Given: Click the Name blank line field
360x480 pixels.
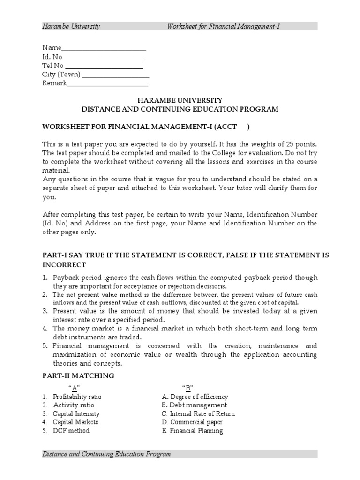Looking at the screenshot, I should (x=104, y=48).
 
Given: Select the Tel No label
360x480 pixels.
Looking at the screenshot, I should (x=52, y=66).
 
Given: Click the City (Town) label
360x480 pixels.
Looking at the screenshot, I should (x=61, y=75).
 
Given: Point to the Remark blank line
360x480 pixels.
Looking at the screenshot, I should (x=107, y=83).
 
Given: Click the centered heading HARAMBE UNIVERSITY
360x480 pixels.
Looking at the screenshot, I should (x=180, y=100).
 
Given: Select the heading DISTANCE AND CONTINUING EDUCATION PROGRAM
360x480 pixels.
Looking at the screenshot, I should (x=180, y=109).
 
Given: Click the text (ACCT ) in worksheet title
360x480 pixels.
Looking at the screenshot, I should (x=239, y=127).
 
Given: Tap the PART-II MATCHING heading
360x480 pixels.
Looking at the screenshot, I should (x=78, y=376).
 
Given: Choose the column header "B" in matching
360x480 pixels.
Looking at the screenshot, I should (x=188, y=387).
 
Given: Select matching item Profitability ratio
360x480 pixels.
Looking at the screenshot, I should (x=77, y=397).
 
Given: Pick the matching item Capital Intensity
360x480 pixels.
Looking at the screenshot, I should (x=76, y=414).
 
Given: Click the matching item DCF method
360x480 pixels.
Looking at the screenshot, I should (x=71, y=431).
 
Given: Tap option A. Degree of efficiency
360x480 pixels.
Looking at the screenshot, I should (x=195, y=397).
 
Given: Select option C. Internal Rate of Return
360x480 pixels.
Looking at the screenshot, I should (x=198, y=414).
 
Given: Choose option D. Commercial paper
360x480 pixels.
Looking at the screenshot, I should (x=192, y=422).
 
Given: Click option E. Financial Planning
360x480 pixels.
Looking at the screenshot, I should (x=192, y=431).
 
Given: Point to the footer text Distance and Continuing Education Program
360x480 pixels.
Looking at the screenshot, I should (x=106, y=454).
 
